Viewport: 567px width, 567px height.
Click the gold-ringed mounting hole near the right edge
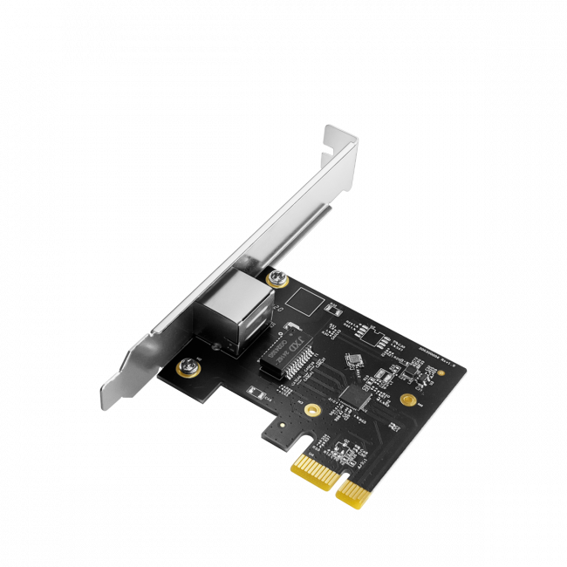pyautogui.click(x=406, y=400)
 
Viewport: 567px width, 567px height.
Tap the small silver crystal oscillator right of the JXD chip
pyautogui.click(x=353, y=359)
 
